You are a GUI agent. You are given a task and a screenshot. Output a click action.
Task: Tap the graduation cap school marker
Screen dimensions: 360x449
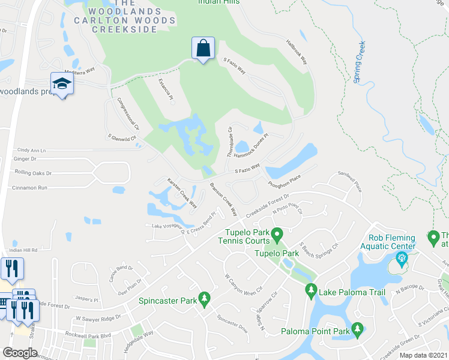(61, 83)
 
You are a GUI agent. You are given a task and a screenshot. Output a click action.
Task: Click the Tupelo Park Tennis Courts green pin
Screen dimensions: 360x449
(277, 233)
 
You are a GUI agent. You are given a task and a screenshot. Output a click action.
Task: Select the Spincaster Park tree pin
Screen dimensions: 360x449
(204, 298)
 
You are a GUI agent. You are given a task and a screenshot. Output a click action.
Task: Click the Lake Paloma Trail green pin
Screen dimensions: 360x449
(311, 292)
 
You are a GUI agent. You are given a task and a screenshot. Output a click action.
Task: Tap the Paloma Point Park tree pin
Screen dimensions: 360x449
(358, 328)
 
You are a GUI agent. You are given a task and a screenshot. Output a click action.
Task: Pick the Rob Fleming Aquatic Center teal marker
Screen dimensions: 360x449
(401, 260)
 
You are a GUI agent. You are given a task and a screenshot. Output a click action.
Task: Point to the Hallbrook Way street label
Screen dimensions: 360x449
(297, 53)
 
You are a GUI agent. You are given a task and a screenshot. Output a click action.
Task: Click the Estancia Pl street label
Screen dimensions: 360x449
(166, 89)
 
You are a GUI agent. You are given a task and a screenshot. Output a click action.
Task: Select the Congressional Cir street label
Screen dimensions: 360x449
(128, 114)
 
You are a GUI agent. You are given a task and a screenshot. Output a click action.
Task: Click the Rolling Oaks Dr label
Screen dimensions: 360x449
(33, 173)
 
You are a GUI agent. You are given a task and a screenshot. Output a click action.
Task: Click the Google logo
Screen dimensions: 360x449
(20, 353)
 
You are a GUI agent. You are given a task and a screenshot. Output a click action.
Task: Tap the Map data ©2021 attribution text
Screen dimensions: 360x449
(423, 355)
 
